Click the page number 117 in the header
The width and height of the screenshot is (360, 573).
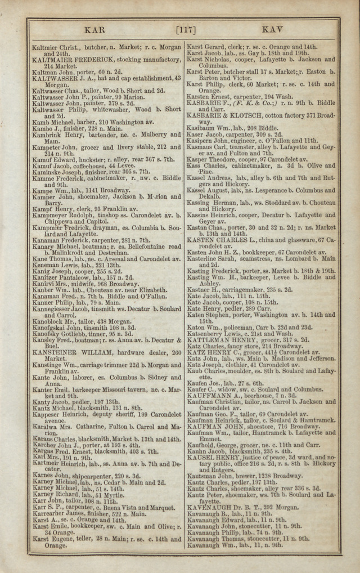(x=186, y=29)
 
